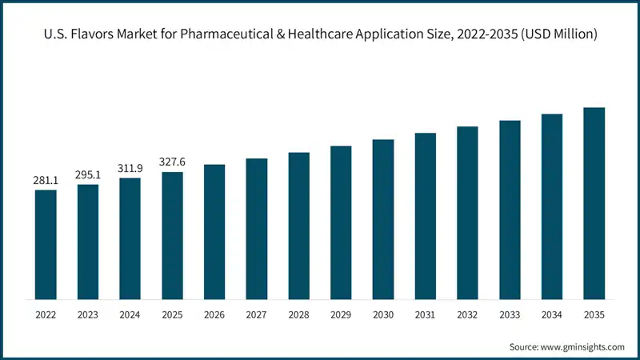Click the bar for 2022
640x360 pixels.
click(46, 245)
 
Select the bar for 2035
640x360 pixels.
click(594, 203)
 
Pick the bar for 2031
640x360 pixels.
click(425, 216)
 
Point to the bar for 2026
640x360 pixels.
click(214, 232)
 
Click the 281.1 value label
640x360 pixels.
click(46, 181)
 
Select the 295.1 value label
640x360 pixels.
click(88, 175)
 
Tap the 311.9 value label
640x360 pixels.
click(130, 169)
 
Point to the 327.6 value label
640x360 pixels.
click(172, 162)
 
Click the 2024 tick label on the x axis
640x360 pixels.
click(130, 315)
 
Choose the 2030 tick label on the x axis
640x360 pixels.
click(383, 315)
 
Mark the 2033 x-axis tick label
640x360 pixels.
click(510, 315)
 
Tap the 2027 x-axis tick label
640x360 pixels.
click(257, 315)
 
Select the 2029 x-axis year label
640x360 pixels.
click(341, 315)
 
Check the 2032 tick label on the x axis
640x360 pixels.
click(467, 315)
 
